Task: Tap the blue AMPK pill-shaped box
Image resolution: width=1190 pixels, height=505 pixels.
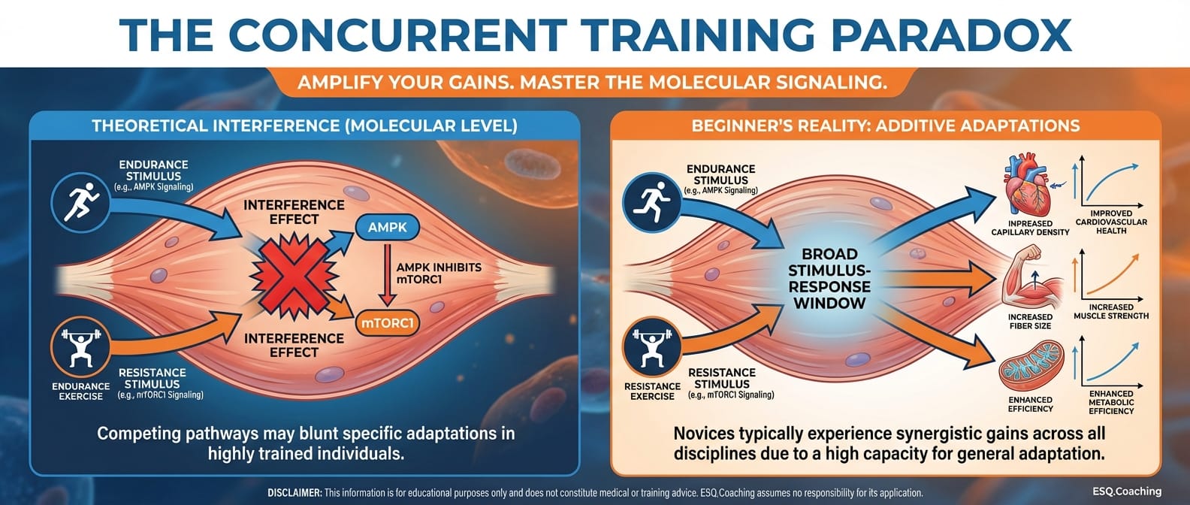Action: pos(388,228)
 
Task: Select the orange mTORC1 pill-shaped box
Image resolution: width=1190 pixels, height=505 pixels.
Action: pos(388,322)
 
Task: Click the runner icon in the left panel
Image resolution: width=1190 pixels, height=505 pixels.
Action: pos(80,202)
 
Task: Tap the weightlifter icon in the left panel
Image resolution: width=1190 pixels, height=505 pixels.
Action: pos(80,347)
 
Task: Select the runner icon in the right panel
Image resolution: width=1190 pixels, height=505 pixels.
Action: pos(652,202)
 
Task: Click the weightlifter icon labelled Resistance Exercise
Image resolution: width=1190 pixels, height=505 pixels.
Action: pos(652,347)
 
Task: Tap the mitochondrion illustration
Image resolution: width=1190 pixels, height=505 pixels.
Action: pos(1031,366)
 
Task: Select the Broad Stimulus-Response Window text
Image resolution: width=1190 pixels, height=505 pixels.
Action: pos(829,279)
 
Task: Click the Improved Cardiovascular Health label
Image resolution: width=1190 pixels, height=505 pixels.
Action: pos(1111,222)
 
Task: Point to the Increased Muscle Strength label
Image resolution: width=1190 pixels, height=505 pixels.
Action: pos(1111,312)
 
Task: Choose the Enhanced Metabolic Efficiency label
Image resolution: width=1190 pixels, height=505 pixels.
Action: pos(1111,402)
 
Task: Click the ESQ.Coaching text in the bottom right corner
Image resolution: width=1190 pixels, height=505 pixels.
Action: pos(1127,491)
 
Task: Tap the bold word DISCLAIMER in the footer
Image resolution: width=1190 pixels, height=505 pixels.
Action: pos(294,493)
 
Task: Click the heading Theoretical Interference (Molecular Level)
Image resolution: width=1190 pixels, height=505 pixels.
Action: pos(304,126)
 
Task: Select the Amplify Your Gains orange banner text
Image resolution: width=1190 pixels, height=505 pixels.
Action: pos(592,83)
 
